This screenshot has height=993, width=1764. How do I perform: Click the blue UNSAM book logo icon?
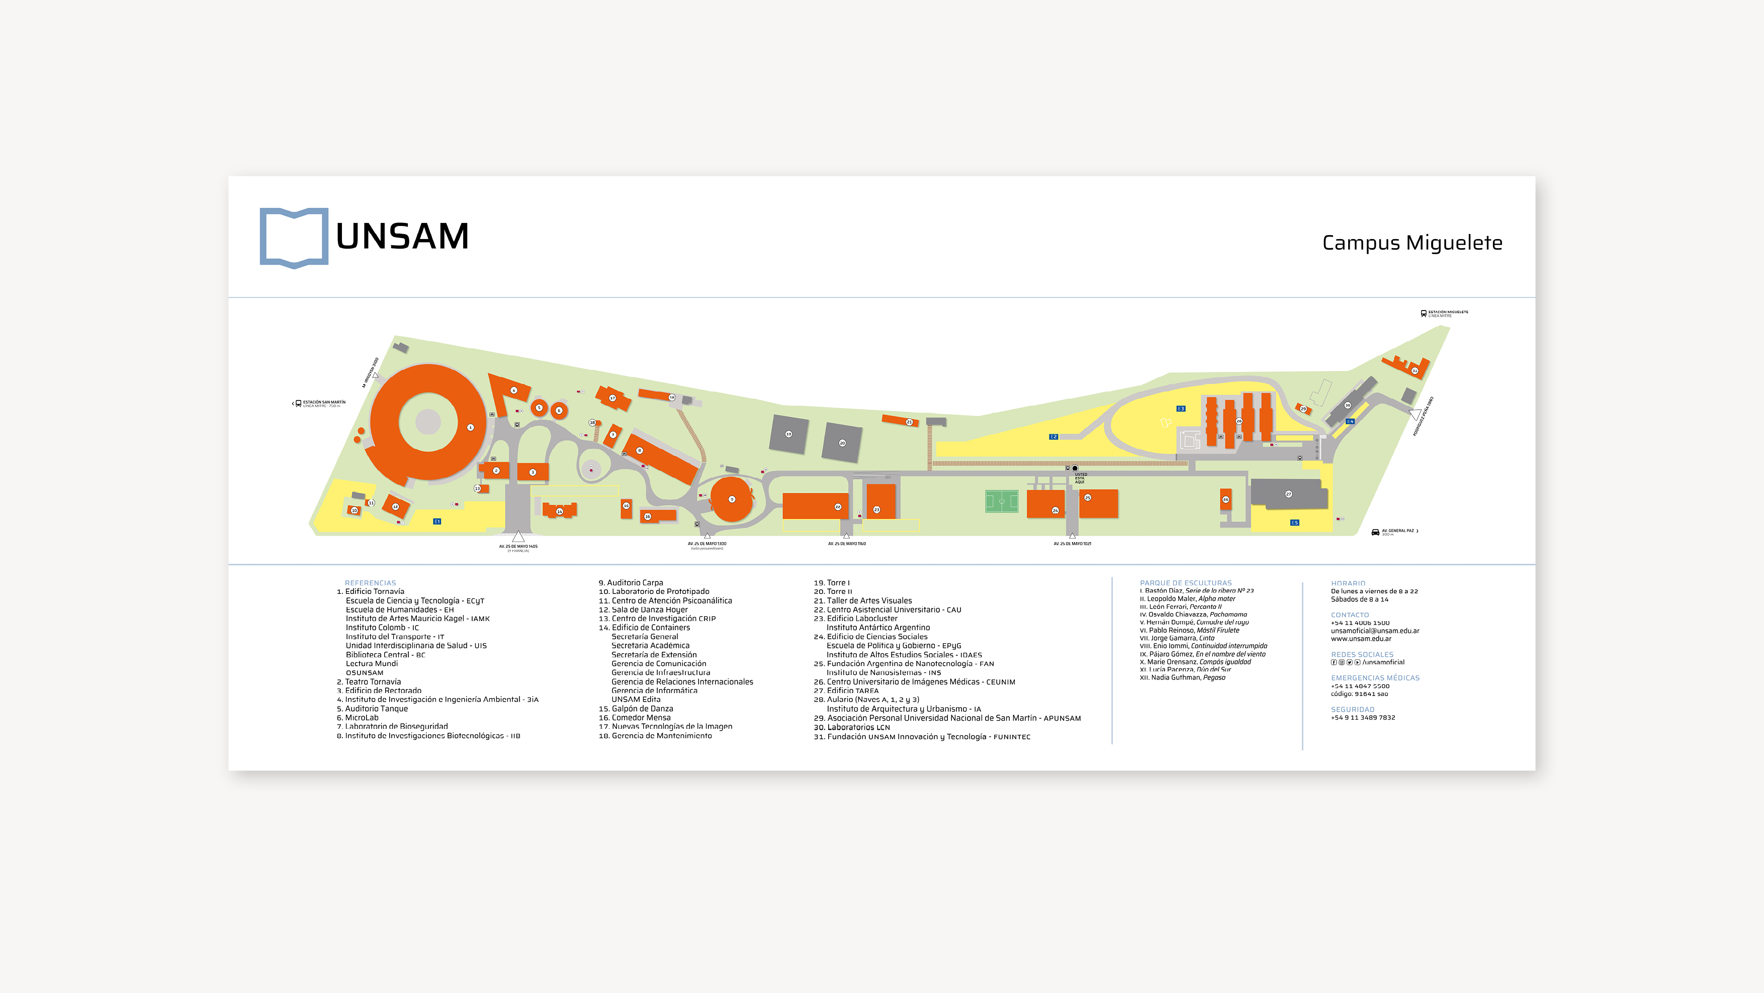[294, 237]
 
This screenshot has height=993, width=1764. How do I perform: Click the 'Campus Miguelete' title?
[1412, 243]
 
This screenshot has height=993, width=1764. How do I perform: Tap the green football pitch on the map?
[1002, 501]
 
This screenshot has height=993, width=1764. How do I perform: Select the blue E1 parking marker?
[437, 521]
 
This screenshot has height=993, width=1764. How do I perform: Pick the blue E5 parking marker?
[1294, 523]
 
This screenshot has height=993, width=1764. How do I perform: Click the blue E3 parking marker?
[1181, 409]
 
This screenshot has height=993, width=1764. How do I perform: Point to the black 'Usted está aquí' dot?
[1075, 468]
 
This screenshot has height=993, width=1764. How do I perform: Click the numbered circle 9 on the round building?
[731, 500]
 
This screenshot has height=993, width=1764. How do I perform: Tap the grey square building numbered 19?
[789, 434]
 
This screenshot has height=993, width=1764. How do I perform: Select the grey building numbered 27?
[1288, 494]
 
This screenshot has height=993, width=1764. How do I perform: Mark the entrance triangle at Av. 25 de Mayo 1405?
[518, 537]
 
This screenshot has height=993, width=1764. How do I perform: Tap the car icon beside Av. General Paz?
[1375, 532]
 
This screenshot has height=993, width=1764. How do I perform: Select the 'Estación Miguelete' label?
[1448, 313]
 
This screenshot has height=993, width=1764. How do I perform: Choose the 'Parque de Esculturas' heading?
[1185, 582]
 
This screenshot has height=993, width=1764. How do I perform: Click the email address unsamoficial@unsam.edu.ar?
[1374, 631]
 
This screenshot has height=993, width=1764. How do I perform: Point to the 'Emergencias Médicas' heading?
[1374, 678]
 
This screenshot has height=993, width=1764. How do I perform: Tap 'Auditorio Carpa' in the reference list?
[634, 582]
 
